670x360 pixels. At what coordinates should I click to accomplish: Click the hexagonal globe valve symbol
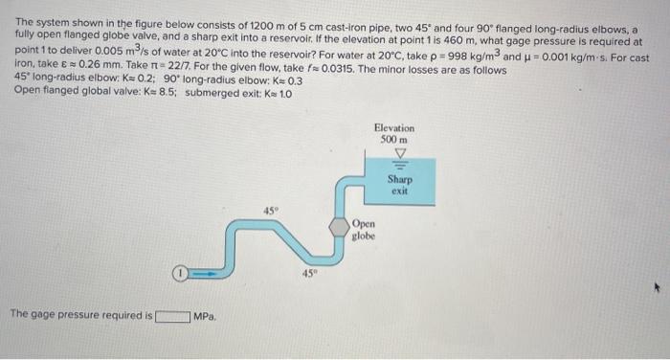[x=340, y=229]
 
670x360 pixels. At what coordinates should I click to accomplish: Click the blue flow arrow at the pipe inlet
[x=203, y=273]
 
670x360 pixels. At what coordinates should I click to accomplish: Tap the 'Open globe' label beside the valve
[x=364, y=228]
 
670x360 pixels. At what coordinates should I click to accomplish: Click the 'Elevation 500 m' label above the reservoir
[x=394, y=133]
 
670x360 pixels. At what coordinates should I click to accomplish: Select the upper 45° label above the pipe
[x=273, y=209]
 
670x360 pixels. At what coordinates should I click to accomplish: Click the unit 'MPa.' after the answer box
[x=206, y=316]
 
